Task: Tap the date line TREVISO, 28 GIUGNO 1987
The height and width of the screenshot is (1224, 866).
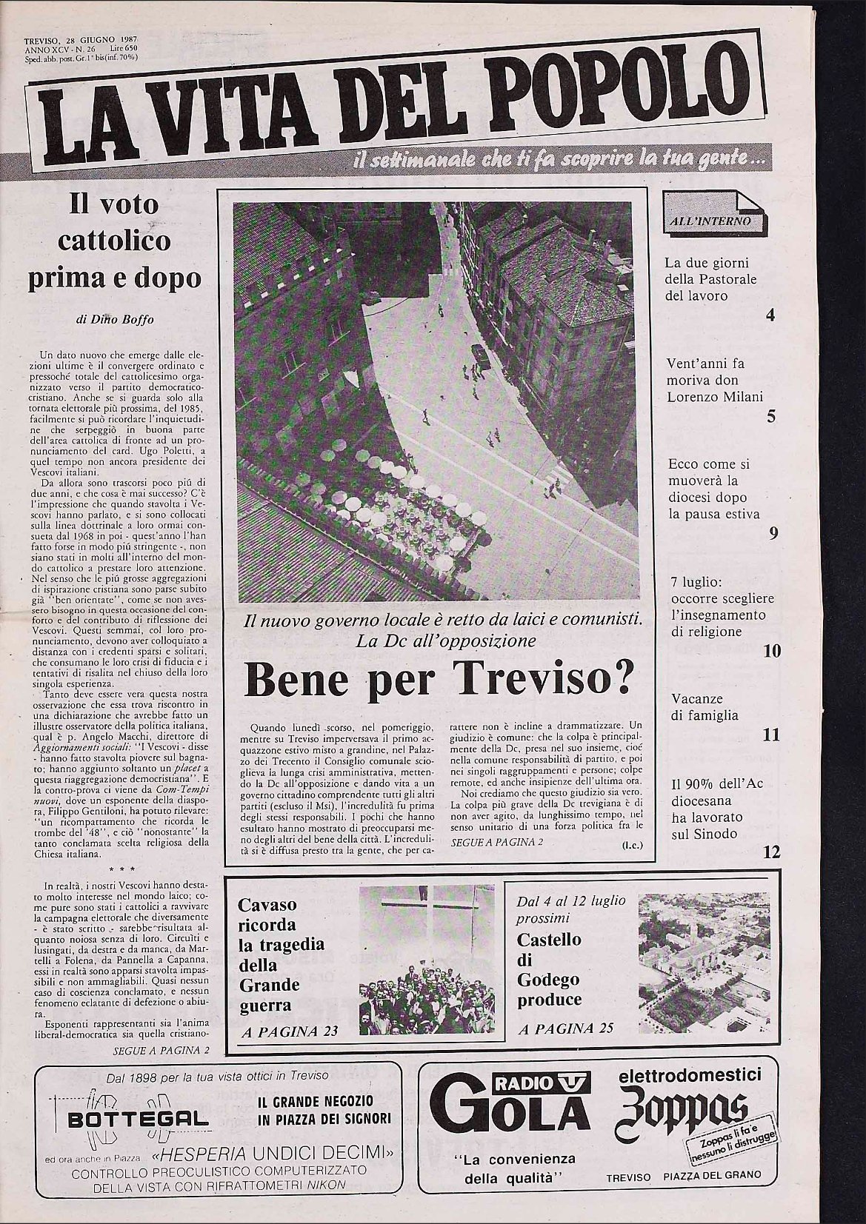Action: point(82,39)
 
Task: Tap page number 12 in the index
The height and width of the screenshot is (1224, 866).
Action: point(771,852)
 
